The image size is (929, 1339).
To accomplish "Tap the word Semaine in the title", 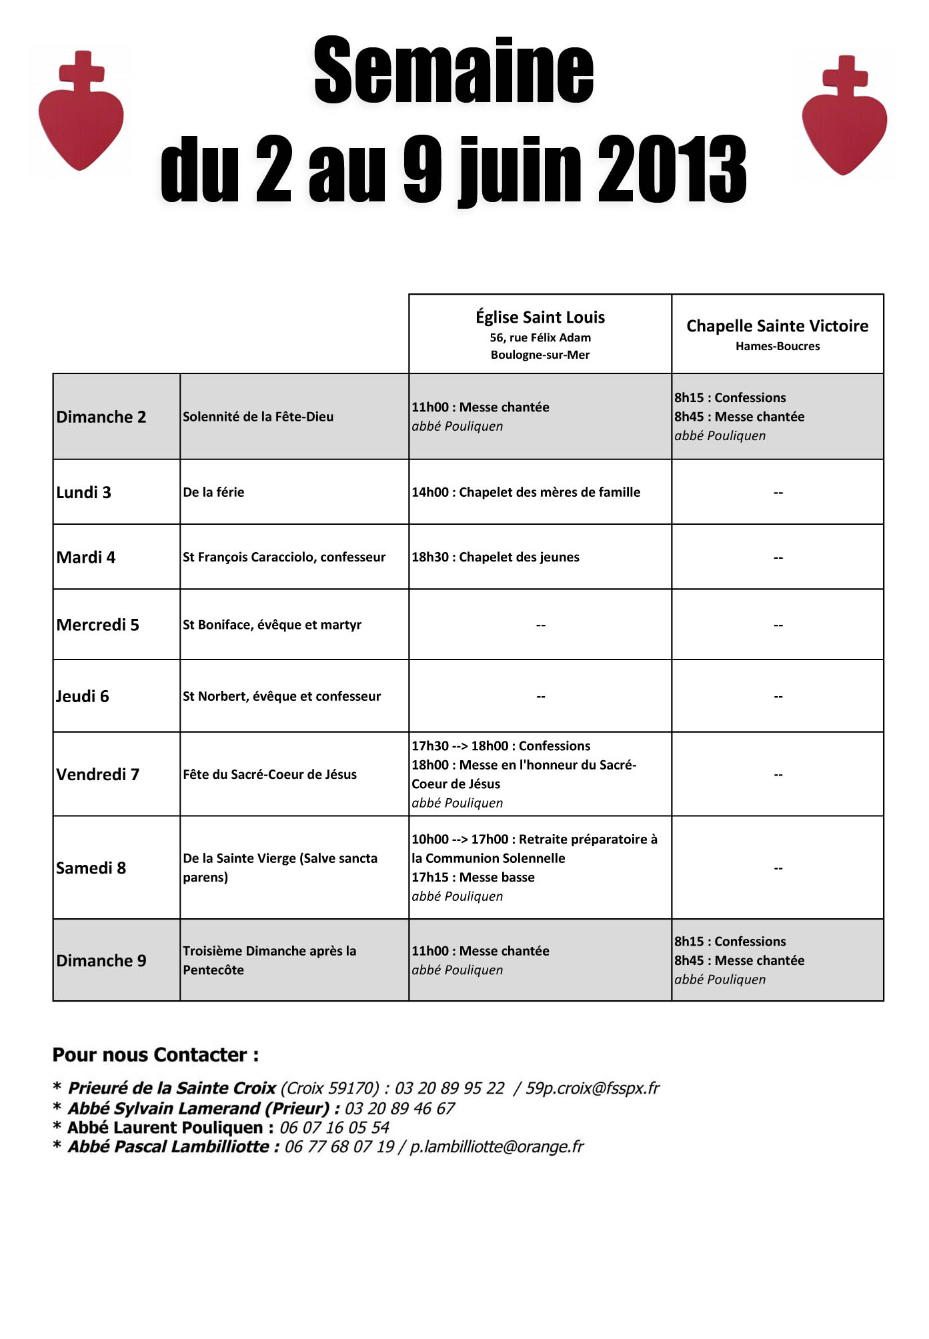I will click(x=453, y=71).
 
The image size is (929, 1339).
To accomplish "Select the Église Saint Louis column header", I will click(x=540, y=317).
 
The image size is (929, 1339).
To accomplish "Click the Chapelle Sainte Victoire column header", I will click(x=778, y=326).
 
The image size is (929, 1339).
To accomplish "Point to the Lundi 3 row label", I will click(x=84, y=492).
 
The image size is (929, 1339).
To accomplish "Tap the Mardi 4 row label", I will click(x=86, y=557).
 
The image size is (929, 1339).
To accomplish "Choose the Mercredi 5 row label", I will click(x=98, y=625).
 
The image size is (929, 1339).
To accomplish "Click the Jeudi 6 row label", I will click(x=83, y=696).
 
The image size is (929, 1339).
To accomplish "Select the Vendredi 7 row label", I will click(x=98, y=774).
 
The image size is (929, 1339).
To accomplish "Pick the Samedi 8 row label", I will click(x=91, y=868).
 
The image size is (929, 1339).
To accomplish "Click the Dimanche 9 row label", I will click(x=101, y=960).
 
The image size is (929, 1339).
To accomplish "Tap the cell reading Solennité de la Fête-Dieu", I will click(x=258, y=417).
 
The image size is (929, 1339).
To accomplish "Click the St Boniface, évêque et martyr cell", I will click(x=272, y=625).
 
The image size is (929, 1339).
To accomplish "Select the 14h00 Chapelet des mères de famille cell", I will click(x=526, y=492).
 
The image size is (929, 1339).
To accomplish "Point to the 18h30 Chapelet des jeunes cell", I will click(x=496, y=557).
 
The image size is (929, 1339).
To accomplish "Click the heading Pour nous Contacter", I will click(x=155, y=1055).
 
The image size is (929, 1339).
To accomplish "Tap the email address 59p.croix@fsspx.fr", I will click(x=592, y=1088).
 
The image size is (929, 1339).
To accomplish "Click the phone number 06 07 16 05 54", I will click(x=334, y=1128).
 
